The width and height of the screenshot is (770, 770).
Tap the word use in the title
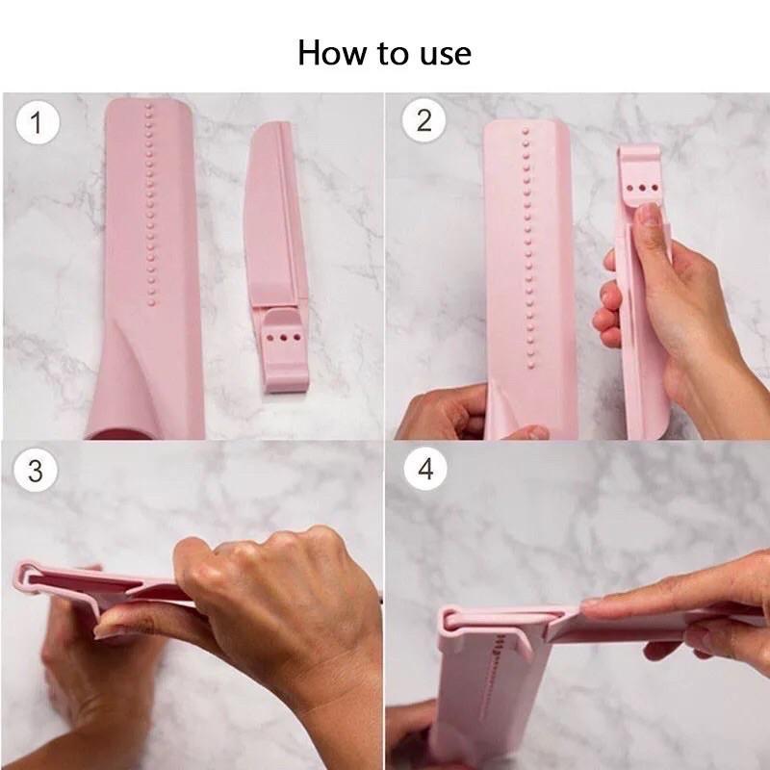[446, 55]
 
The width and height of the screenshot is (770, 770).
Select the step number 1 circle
[38, 123]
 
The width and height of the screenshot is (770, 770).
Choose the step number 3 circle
[36, 470]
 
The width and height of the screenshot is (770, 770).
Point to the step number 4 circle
[425, 469]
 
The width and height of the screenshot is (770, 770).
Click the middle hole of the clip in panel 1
[284, 338]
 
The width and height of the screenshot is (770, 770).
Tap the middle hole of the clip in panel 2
[642, 188]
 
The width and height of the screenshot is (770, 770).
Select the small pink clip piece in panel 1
[277, 257]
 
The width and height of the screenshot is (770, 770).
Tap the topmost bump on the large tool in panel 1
[149, 106]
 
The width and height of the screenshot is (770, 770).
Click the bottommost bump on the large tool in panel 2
[531, 366]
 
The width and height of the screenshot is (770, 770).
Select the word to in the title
[395, 54]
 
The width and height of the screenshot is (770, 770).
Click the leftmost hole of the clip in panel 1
[270, 338]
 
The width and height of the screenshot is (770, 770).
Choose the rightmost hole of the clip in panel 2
[654, 188]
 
